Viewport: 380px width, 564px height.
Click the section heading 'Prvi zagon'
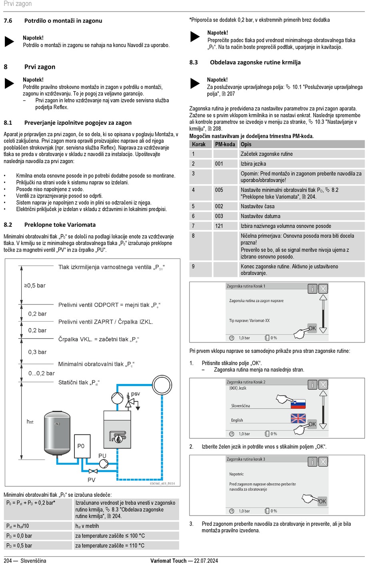[40, 67]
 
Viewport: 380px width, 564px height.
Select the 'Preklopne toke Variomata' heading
[60, 225]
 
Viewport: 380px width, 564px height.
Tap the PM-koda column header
[225, 144]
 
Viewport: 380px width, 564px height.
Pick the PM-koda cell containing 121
[219, 226]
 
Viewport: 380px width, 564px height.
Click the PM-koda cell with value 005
[219, 190]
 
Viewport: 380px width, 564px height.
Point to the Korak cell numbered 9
[194, 266]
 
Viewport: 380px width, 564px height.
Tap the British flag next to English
[298, 418]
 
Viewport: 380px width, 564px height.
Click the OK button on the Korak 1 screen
[312, 328]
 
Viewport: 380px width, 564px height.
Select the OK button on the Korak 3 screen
[322, 501]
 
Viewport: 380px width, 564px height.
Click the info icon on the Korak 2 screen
[312, 385]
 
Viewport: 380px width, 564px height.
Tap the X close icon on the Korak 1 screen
[323, 288]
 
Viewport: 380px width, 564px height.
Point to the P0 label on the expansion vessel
[81, 446]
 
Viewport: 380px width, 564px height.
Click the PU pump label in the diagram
[102, 456]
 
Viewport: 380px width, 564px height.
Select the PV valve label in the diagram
[92, 480]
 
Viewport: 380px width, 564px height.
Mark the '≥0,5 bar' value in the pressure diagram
[35, 286]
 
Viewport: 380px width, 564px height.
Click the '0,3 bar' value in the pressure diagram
[37, 352]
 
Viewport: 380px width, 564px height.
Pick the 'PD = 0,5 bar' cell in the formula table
[19, 546]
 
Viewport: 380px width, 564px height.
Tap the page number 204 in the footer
[8, 561]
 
